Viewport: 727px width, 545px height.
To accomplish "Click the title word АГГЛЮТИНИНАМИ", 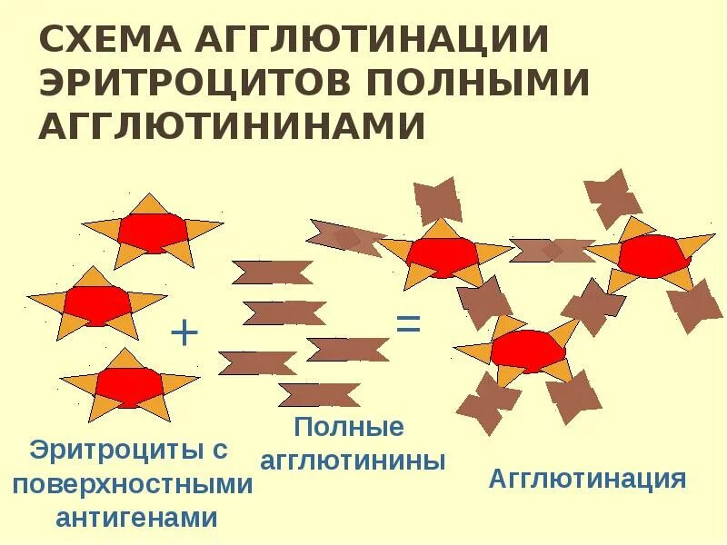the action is pos(232,125).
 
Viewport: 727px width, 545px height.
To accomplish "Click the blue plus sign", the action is pos(184,333).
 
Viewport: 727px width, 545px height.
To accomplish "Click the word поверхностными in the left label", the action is pos(133,483).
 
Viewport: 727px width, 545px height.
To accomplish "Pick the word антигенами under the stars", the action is pos(136,518).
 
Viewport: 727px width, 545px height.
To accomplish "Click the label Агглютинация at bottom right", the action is pos(587,479).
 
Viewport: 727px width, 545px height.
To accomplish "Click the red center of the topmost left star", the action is pos(153,232).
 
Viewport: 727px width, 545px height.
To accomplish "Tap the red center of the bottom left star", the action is pos(129,386).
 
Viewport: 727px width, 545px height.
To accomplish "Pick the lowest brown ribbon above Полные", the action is pos(318,395).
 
